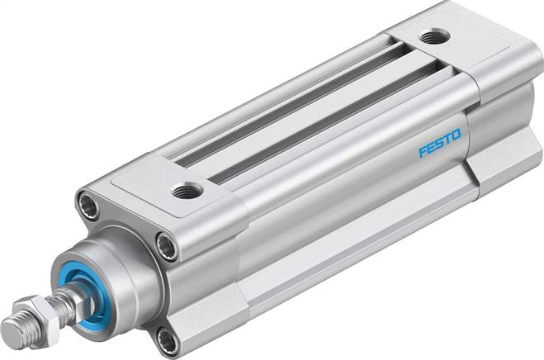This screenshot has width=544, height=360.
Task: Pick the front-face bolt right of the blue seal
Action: [167, 245]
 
